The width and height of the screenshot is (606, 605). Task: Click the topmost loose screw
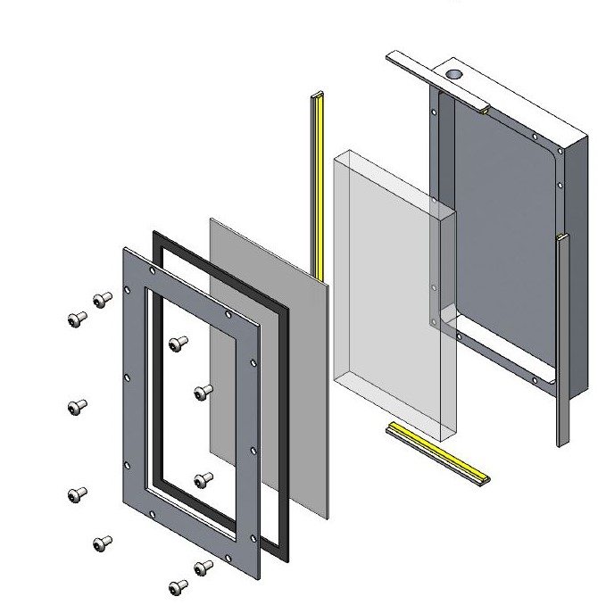[104, 298]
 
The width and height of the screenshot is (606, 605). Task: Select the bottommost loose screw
[178, 586]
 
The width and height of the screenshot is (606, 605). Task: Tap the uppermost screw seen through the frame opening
[178, 342]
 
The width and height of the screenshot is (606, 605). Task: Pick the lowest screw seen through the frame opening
[203, 479]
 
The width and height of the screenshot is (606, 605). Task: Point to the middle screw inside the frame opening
[203, 391]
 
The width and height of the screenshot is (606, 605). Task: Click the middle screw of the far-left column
[77, 407]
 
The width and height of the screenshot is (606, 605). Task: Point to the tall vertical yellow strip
[316, 178]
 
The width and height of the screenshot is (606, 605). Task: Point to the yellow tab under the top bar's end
[483, 111]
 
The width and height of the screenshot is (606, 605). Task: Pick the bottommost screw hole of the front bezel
[238, 562]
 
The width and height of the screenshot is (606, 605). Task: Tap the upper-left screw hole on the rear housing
[435, 113]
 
